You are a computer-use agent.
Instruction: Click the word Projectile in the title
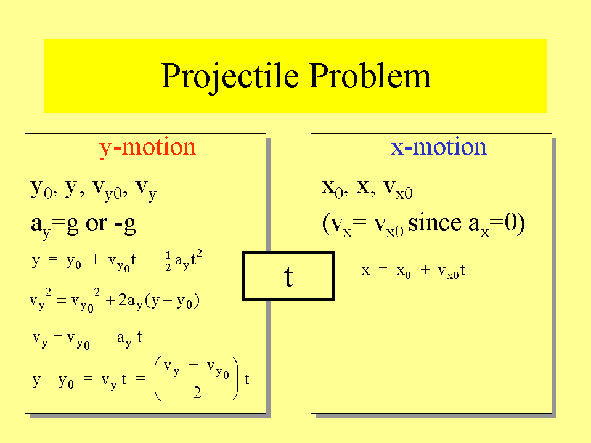[229, 77]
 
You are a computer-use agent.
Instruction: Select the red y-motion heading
[147, 148]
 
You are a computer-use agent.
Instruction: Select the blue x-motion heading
[439, 147]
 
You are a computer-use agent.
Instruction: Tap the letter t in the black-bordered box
[288, 276]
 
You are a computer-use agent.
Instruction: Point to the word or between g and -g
[97, 224]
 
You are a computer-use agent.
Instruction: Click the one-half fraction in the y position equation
[168, 261]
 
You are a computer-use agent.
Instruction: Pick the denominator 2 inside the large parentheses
[197, 392]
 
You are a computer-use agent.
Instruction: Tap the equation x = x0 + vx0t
[413, 270]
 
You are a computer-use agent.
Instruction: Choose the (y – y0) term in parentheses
[173, 301]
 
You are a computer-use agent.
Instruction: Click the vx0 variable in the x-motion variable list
[398, 189]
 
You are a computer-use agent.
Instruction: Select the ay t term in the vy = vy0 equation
[129, 338]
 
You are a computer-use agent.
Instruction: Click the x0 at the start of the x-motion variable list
[332, 189]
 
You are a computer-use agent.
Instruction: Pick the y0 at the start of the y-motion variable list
[41, 189]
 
